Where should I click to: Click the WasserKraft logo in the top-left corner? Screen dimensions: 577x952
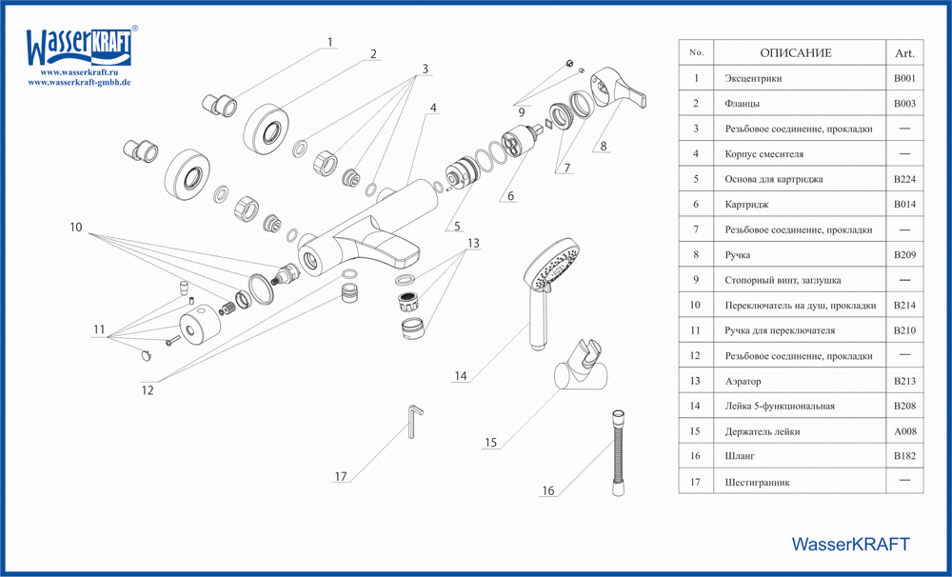(79, 45)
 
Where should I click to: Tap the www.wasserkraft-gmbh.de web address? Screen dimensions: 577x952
(79, 82)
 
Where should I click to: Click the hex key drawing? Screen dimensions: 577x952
(416, 420)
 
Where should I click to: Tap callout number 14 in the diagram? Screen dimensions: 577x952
(461, 376)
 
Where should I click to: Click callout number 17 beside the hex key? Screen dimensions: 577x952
(341, 476)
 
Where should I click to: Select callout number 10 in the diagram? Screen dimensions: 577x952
(76, 228)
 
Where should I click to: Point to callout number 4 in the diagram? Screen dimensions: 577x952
(433, 108)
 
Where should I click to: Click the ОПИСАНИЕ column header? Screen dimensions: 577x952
(795, 52)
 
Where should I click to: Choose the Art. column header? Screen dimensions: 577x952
(904, 53)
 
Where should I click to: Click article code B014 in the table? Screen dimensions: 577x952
(904, 204)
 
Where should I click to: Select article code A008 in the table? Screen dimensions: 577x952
(904, 431)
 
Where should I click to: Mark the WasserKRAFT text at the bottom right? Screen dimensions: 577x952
(850, 544)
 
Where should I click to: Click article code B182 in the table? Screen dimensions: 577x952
(904, 457)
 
